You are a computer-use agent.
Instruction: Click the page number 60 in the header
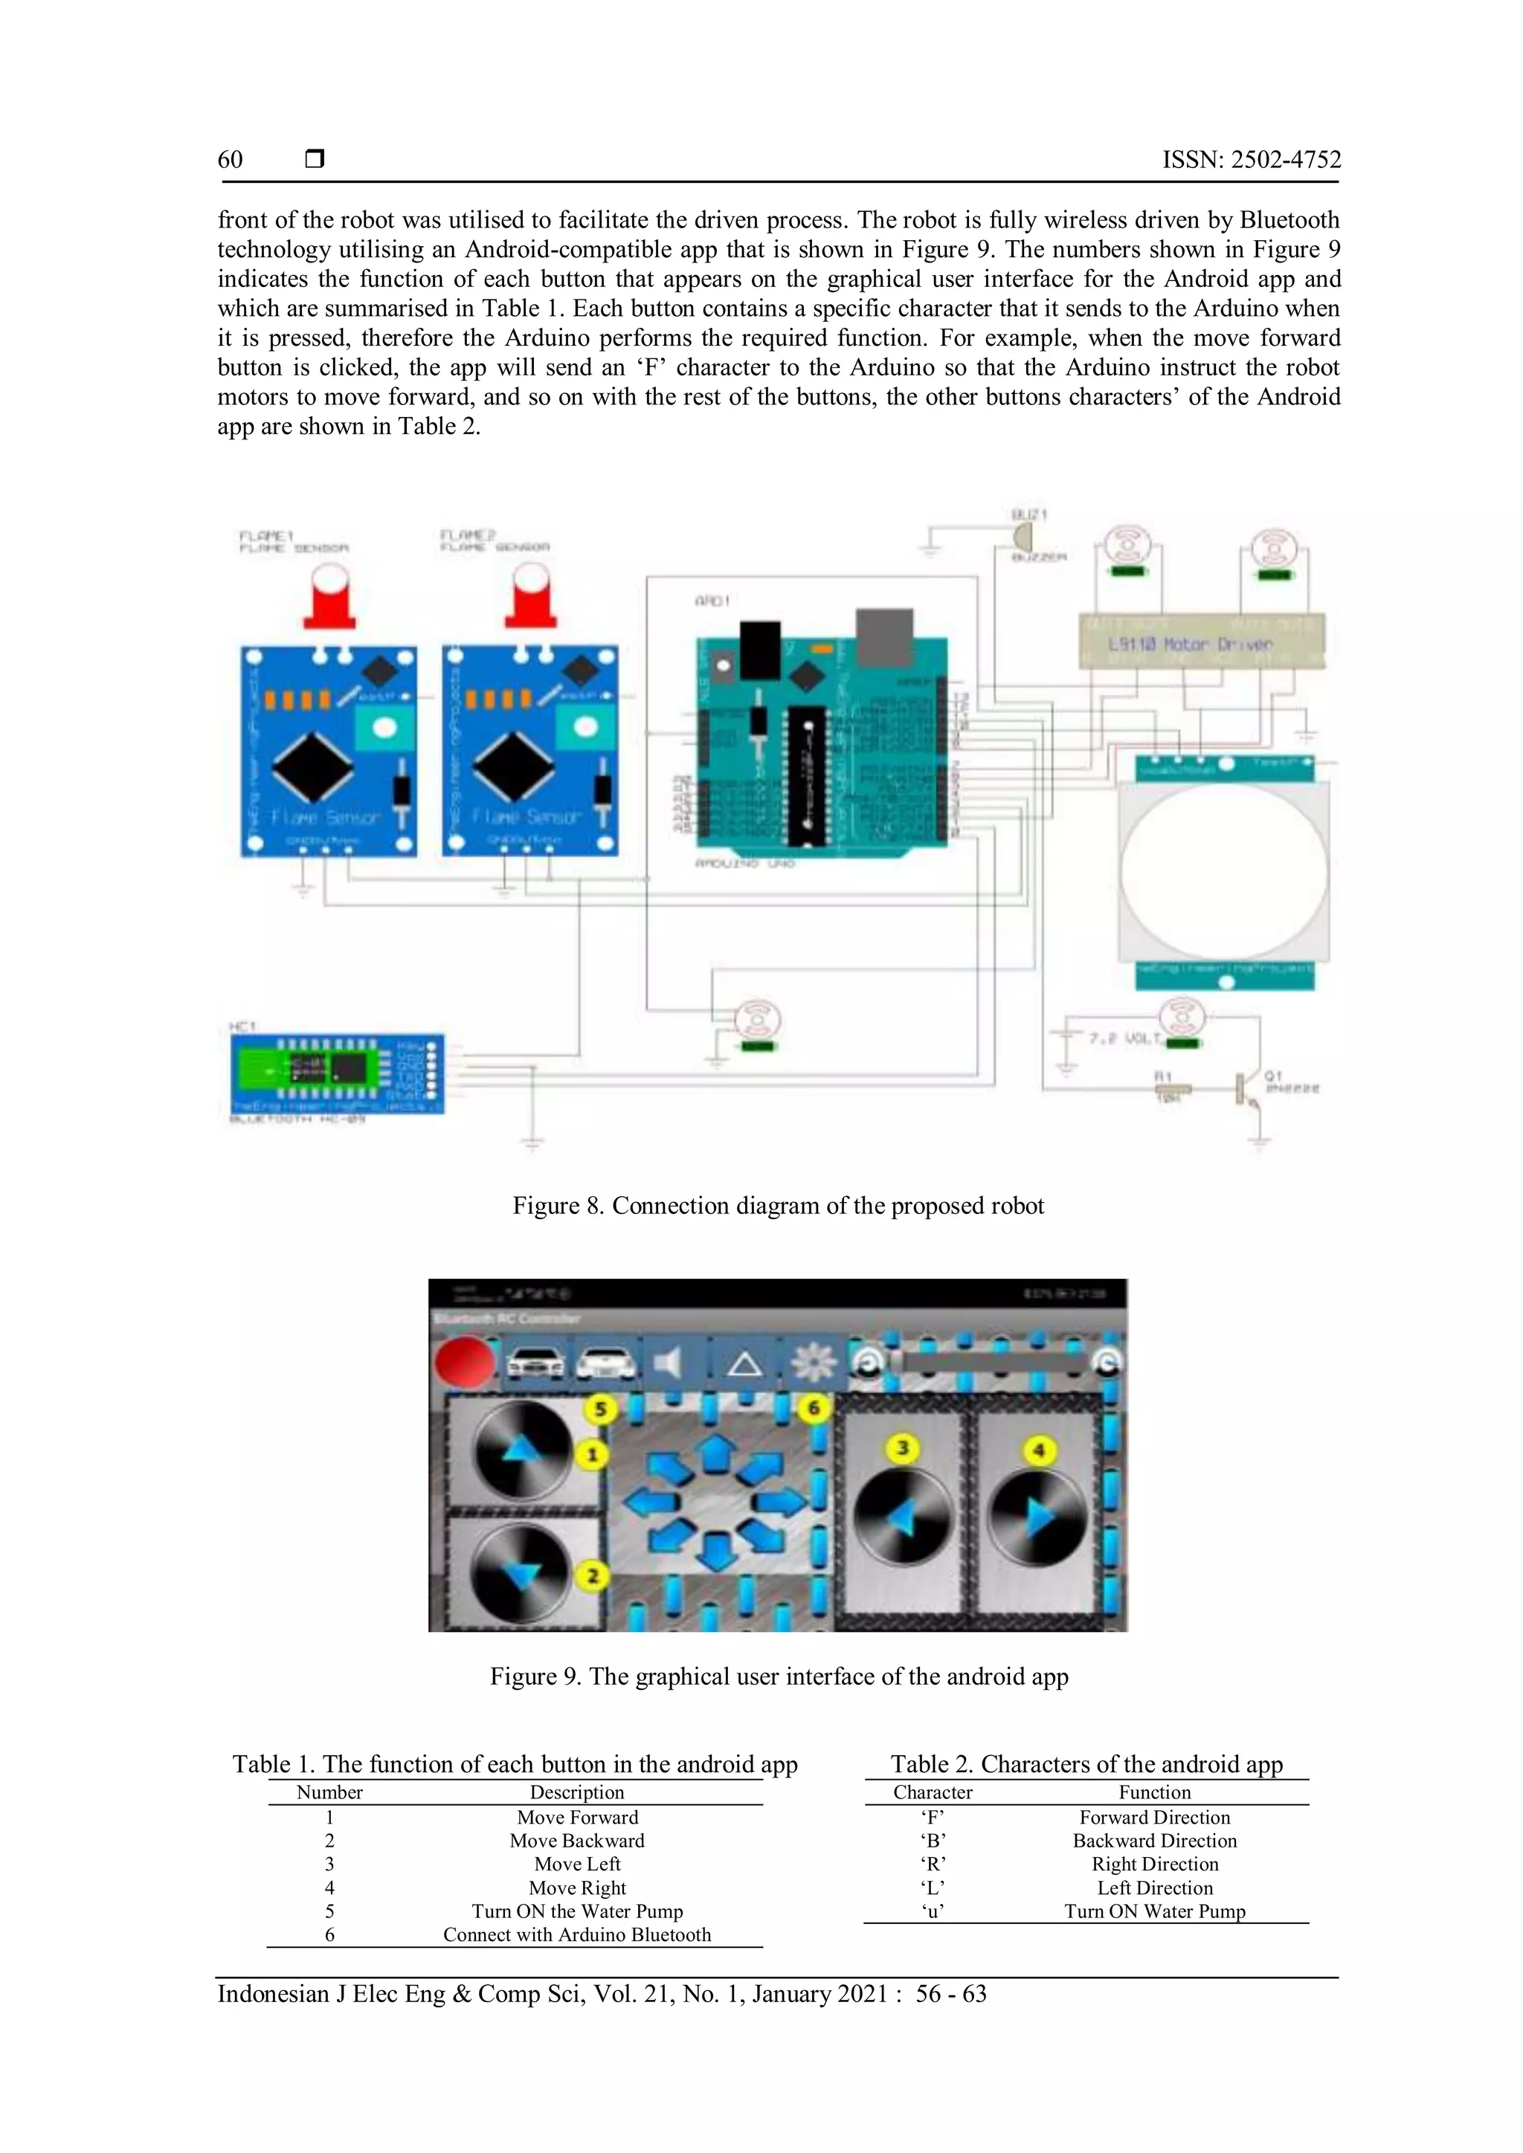230,159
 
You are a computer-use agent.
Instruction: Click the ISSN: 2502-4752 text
1251,159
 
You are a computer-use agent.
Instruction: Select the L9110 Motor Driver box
1202,643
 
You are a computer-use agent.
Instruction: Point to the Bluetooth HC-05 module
335,1073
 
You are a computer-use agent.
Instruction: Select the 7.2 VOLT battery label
1124,1039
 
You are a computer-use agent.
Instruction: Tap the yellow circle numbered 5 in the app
600,1409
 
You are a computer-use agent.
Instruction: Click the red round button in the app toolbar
463,1363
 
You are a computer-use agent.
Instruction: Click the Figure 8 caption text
777,1206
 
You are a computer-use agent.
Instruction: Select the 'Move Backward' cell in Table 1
577,1841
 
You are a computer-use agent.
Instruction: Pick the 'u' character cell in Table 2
933,1911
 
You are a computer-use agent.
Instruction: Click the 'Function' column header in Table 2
1153,1792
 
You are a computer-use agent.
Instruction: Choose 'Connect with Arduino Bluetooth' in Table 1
577,1934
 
